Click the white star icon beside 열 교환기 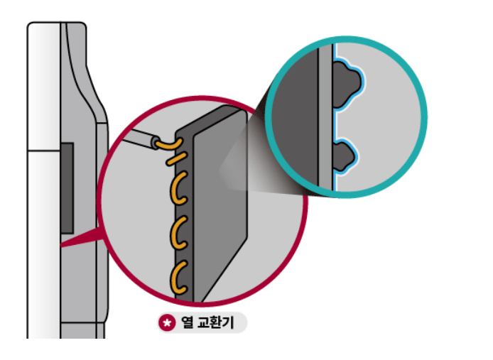coord(167,324)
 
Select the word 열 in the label coord(188,324)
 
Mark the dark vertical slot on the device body coord(67,187)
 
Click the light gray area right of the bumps coord(391,121)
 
